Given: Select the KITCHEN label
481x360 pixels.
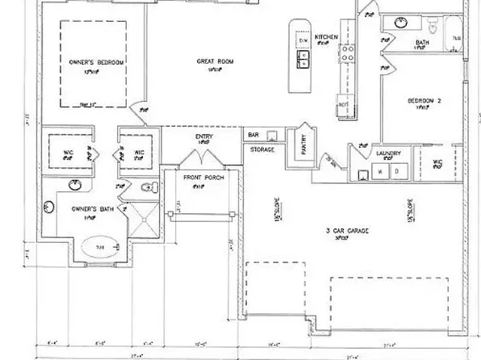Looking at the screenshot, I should point(326,37).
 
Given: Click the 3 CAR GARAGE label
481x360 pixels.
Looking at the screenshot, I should point(347,231).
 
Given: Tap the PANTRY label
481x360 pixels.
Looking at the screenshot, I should point(303,146).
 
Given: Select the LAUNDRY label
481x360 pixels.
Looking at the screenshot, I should point(388,153).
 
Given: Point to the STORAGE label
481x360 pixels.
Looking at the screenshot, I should point(262,149).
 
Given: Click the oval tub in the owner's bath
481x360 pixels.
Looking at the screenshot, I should point(101,247).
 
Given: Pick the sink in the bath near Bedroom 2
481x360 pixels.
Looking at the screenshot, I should point(400,23).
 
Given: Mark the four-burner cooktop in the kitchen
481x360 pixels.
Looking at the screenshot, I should point(349,54).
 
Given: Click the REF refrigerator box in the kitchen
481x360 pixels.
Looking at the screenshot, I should point(342,106).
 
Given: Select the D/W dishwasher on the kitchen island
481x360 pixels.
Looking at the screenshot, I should point(303,40).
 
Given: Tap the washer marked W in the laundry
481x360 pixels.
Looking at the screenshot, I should point(380,172).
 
